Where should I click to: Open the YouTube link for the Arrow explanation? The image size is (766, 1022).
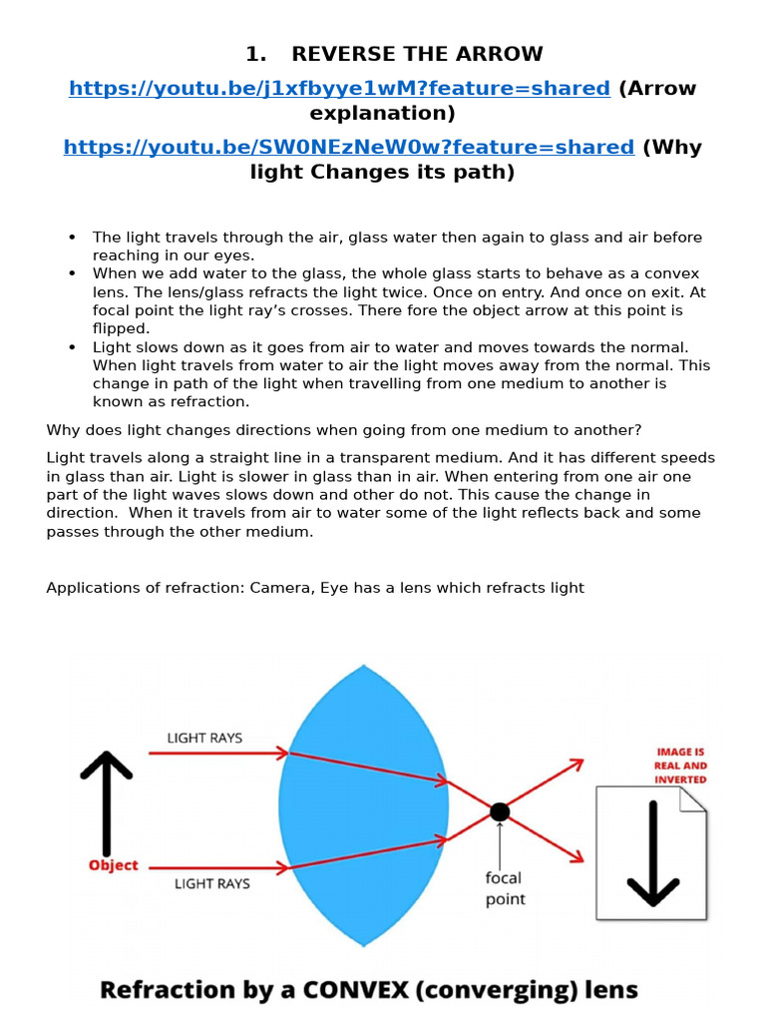pyautogui.click(x=339, y=88)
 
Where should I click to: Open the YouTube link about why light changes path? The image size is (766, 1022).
pyautogui.click(x=348, y=147)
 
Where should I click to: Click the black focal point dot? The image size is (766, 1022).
pyautogui.click(x=500, y=811)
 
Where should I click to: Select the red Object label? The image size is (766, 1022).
pyautogui.click(x=114, y=865)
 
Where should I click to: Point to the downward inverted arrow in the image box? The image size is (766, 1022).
pyautogui.click(x=652, y=853)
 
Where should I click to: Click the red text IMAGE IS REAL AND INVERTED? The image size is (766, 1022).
pyautogui.click(x=681, y=765)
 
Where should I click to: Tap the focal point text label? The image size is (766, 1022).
pyautogui.click(x=505, y=888)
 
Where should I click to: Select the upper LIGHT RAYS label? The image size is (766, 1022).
pyautogui.click(x=204, y=739)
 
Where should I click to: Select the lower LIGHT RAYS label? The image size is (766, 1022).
pyautogui.click(x=211, y=883)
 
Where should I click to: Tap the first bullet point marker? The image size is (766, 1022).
pyautogui.click(x=72, y=238)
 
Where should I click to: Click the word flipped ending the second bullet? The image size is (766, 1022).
pyautogui.click(x=120, y=327)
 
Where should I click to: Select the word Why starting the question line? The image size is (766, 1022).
pyautogui.click(x=62, y=430)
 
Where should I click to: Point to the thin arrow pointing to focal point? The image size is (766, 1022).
pyautogui.click(x=500, y=843)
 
